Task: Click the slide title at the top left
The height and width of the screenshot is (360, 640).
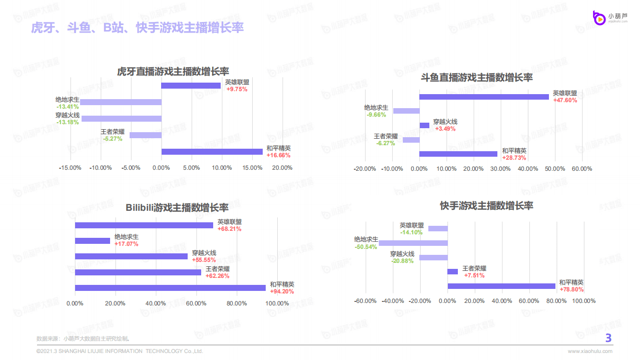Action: pos(137,28)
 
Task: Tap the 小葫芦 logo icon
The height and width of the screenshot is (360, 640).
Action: pos(598,18)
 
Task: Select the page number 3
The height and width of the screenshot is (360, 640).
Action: pos(608,338)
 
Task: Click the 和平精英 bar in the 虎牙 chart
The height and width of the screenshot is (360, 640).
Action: pos(212,152)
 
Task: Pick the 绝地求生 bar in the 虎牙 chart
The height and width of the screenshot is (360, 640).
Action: pos(121,102)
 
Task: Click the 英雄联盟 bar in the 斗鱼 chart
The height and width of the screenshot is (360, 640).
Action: pos(484,97)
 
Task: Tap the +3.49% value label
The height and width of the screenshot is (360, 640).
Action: pos(445,129)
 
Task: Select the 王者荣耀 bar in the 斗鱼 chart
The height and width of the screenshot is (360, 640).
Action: pos(411,140)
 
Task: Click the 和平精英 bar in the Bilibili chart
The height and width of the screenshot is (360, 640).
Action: pos(170,288)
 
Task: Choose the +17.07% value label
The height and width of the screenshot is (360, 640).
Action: pos(126,244)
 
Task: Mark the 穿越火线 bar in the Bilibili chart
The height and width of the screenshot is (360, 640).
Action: pos(131,256)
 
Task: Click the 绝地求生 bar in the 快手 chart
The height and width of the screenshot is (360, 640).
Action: pos(413,243)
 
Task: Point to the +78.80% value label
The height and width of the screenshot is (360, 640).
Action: pos(571,289)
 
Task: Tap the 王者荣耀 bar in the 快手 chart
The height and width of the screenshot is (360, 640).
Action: pos(452,272)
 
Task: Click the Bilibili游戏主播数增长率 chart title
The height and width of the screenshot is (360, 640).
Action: pos(177,207)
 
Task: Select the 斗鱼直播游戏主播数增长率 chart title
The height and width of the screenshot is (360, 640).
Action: pos(477,78)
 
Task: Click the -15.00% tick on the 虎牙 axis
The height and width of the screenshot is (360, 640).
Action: pos(70,168)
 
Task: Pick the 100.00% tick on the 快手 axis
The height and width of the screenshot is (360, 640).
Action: pos(583,301)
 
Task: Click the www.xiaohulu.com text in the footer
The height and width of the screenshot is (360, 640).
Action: pos(590,351)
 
